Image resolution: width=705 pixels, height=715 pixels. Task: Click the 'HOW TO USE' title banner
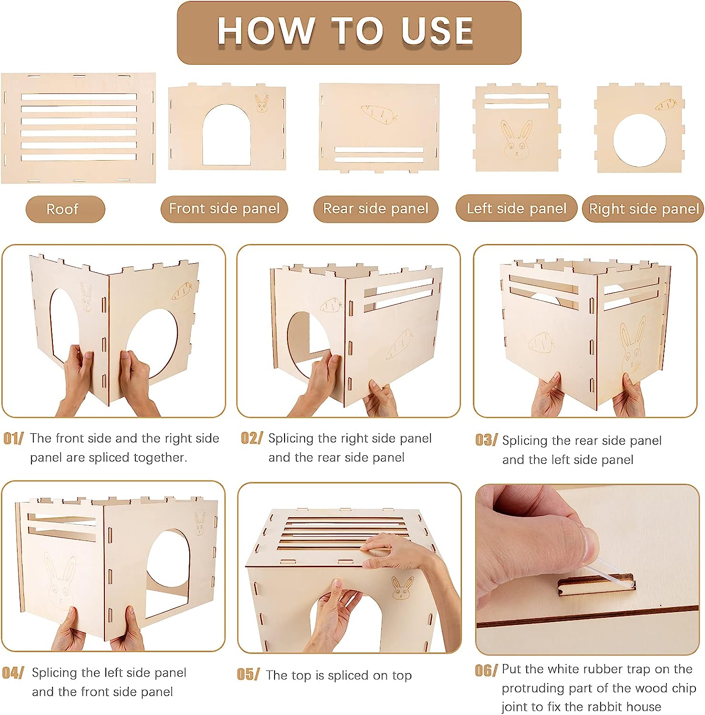tap(349, 32)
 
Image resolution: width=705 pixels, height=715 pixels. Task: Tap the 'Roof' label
tap(65, 209)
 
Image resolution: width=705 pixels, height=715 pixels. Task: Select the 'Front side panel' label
tap(224, 209)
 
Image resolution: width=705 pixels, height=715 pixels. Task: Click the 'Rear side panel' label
tap(376, 209)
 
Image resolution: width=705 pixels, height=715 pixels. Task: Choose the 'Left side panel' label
tap(517, 208)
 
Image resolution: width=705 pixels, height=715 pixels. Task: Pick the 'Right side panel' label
tap(644, 209)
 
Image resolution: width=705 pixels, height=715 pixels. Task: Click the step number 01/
tap(13, 439)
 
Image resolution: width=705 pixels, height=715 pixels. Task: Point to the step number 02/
tap(251, 438)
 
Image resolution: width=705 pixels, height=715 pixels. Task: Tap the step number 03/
tap(486, 440)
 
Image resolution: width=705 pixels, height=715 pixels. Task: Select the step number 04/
tap(13, 673)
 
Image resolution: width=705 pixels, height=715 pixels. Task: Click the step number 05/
tap(248, 674)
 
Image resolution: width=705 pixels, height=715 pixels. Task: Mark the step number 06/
tap(486, 670)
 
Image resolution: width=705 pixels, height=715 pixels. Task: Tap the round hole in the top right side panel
tap(639, 140)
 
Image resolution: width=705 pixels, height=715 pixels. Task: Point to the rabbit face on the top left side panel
tap(517, 139)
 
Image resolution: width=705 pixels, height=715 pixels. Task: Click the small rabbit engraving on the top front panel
tap(262, 103)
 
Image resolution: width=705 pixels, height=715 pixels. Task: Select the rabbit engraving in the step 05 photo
tap(402, 588)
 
